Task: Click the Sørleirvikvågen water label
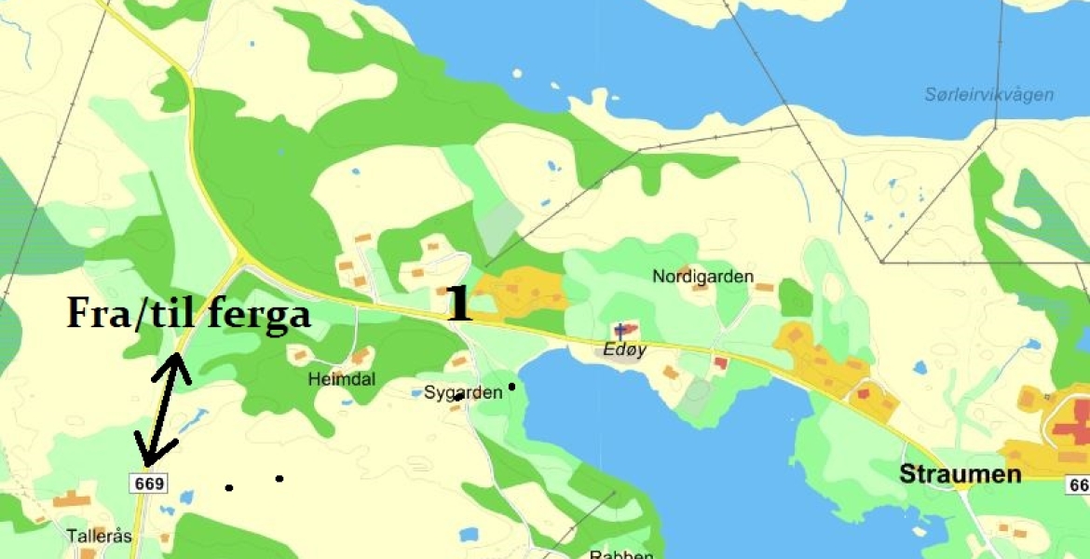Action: tap(989, 95)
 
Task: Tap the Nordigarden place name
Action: tap(702, 277)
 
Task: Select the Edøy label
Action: tap(622, 351)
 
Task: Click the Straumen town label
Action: tap(960, 474)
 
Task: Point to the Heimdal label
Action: tap(342, 380)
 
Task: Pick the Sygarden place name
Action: tap(463, 392)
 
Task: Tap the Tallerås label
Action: tap(100, 537)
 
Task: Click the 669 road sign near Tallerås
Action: tap(149, 483)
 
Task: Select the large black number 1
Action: tap(458, 305)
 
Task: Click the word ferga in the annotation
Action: tap(258, 315)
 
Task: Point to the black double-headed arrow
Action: tap(163, 410)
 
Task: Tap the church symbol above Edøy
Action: tap(621, 331)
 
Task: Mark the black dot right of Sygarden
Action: tap(511, 386)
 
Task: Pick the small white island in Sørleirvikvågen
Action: tap(555, 88)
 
